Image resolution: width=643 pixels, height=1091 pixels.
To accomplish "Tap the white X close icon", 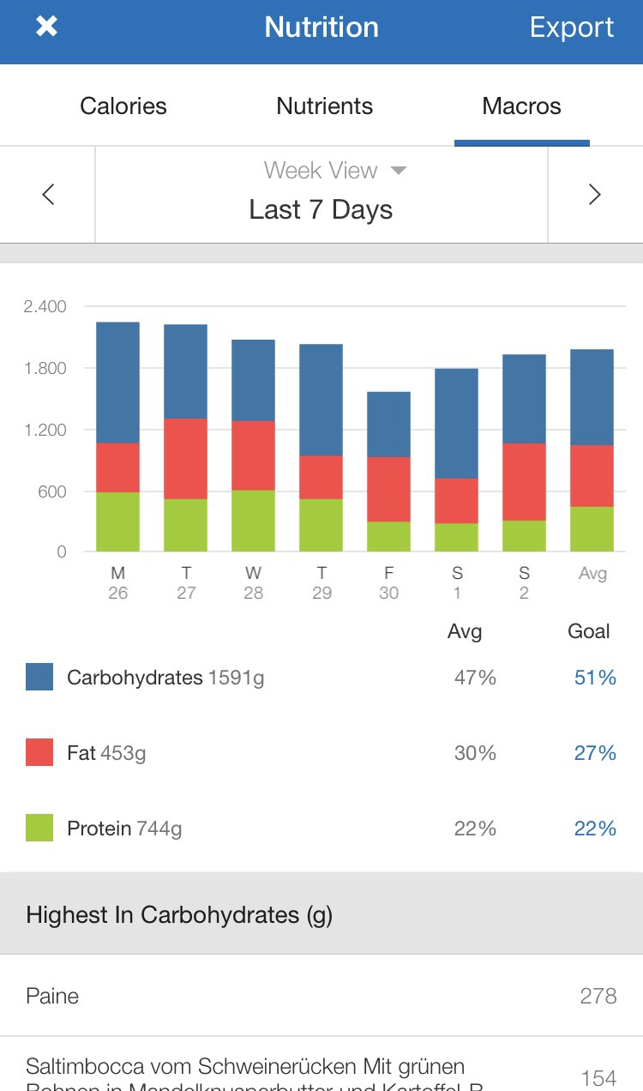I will click(x=46, y=27).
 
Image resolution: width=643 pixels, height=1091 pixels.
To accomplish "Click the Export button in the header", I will click(x=571, y=27).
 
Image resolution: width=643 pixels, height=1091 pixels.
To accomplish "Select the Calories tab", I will click(x=123, y=106).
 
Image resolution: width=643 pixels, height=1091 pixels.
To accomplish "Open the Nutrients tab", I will click(x=324, y=106).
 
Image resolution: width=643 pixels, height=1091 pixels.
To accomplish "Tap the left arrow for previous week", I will click(x=48, y=195).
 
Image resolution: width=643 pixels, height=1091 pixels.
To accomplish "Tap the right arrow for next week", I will click(x=594, y=195).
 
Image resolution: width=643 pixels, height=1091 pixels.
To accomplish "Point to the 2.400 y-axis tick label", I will click(x=45, y=307).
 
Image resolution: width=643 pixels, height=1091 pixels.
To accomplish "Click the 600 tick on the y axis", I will click(x=50, y=491).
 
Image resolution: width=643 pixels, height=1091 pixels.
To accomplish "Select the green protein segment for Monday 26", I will click(x=117, y=521).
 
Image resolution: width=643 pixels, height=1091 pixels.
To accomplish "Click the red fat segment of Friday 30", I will click(x=388, y=489).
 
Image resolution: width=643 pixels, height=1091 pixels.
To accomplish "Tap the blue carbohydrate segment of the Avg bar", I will click(x=592, y=397).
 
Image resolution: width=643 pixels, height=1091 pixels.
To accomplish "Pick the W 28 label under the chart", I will click(x=253, y=582).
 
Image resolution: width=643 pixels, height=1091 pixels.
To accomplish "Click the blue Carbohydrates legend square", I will click(x=39, y=677).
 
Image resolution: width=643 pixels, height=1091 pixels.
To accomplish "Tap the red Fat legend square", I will click(x=39, y=752).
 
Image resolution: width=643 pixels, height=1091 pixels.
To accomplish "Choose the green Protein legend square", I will click(x=39, y=828).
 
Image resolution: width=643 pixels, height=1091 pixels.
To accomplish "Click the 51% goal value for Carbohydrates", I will click(x=595, y=678).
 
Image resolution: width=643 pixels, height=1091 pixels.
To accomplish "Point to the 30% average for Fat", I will click(x=475, y=753).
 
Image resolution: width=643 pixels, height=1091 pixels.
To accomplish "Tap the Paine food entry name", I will click(x=52, y=996).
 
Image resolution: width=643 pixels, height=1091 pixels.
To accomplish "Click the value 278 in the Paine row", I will click(x=598, y=996).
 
